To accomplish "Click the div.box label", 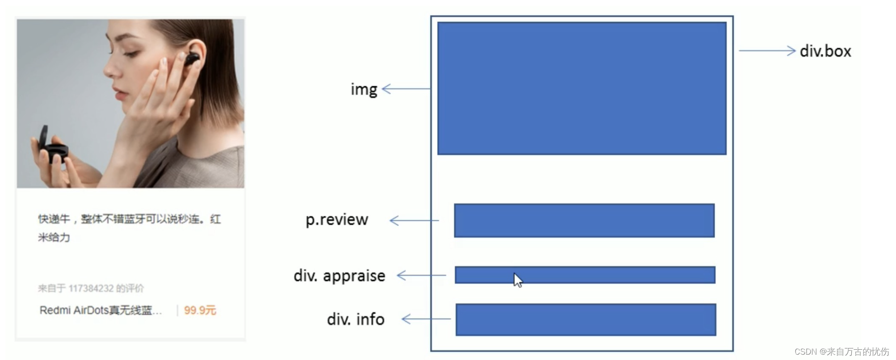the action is click(x=825, y=51).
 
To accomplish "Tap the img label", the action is click(x=364, y=89).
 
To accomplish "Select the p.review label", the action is click(x=337, y=220).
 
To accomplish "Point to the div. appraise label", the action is click(x=339, y=276).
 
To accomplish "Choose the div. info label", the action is click(x=356, y=319).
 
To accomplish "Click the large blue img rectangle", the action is click(x=582, y=88).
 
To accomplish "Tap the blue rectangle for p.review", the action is click(x=584, y=220).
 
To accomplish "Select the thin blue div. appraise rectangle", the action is click(x=585, y=275).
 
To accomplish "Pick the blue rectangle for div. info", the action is click(x=586, y=319).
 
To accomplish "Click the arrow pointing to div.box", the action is click(x=767, y=50).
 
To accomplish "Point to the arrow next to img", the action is click(x=406, y=89).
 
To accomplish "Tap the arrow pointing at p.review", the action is click(x=415, y=220).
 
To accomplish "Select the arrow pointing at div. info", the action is click(x=426, y=319).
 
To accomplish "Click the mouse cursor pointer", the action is click(x=517, y=280).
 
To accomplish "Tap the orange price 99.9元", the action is click(x=200, y=310).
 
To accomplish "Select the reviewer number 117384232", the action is click(x=91, y=289).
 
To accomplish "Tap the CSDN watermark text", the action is click(x=842, y=352).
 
